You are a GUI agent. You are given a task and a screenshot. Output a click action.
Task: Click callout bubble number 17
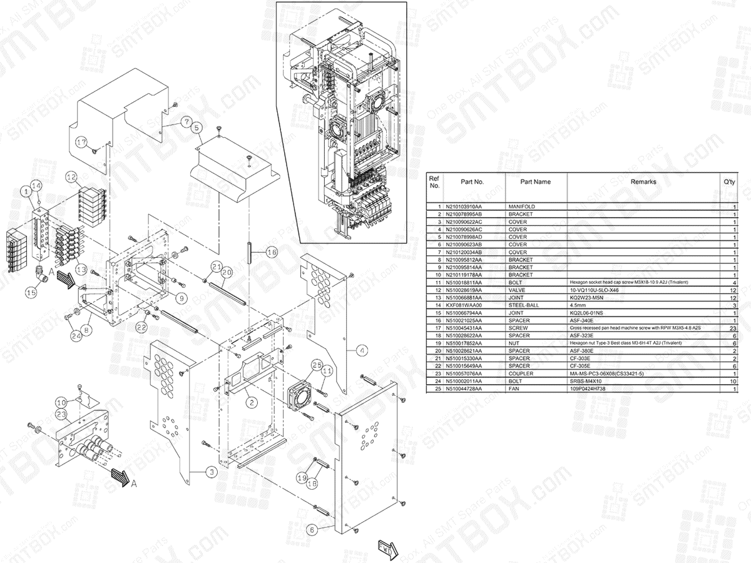pos(81,142)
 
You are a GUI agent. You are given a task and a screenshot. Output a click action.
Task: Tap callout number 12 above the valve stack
pos(71,177)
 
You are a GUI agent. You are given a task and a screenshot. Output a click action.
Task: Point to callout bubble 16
pos(271,253)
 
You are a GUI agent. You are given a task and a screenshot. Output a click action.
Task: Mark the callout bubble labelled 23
pos(61,414)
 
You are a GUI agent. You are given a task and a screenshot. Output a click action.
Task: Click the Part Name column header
pos(536,182)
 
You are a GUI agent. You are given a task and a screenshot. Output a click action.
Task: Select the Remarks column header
pos(643,182)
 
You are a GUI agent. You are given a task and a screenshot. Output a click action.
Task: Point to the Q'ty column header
pos(728,182)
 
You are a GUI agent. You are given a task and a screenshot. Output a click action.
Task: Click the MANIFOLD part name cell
pos(521,206)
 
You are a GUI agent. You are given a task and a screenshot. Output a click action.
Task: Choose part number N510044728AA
pos(464,389)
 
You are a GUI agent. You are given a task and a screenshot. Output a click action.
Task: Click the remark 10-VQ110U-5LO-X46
pos(597,290)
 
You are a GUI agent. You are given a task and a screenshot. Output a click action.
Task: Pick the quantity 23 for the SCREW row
pos(733,328)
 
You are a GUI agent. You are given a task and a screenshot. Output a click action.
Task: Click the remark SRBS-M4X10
pos(585,381)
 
